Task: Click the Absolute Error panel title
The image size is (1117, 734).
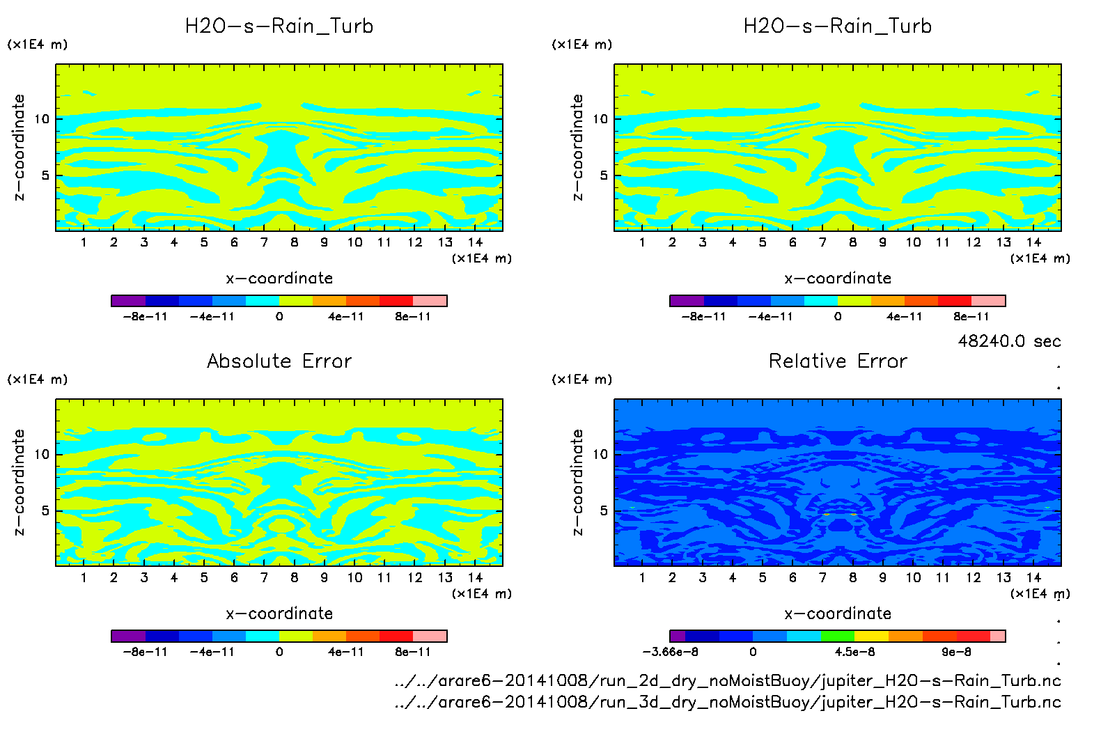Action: [279, 361]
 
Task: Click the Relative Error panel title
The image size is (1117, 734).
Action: [838, 361]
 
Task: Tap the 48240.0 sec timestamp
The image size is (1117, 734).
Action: [1009, 341]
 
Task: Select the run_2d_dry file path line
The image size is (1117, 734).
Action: [728, 681]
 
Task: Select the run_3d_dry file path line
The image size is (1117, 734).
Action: [728, 702]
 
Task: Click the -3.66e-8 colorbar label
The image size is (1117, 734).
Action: [670, 653]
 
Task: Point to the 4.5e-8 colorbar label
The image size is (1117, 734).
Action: [854, 653]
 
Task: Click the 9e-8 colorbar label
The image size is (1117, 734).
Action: [956, 653]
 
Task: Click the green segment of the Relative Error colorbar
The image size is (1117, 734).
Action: [838, 636]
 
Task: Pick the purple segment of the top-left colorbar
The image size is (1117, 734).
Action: [128, 301]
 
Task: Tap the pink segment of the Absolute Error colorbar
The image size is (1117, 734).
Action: [430, 636]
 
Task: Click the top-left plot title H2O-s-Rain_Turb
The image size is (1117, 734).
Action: [279, 26]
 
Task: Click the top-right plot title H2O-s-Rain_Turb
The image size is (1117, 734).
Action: [838, 26]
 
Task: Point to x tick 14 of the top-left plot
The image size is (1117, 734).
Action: [475, 242]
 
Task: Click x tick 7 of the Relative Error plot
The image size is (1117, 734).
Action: [822, 577]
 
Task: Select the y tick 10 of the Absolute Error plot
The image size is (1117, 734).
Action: [42, 455]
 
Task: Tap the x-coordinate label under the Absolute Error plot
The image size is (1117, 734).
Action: [279, 614]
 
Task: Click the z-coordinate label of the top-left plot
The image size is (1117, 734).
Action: [19, 147]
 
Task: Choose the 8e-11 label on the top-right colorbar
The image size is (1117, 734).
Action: [971, 317]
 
